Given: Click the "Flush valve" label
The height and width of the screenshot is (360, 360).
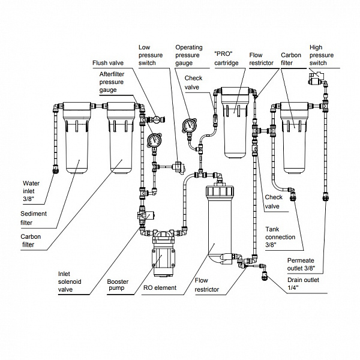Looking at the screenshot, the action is coord(108,63).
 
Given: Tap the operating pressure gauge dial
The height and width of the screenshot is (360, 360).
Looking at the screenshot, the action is coord(190,125).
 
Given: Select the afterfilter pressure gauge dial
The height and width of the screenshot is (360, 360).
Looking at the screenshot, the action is coord(154,140).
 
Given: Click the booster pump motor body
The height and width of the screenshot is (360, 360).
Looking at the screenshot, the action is coord(163,261).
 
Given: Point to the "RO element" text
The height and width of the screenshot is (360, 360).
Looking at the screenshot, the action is coord(160,287).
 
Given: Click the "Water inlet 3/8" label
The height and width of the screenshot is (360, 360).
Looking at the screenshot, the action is coord(31,191).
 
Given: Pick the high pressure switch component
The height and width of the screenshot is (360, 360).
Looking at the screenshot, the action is coord(317,78).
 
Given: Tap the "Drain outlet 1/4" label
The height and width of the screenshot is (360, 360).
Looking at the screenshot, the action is coord(303,284).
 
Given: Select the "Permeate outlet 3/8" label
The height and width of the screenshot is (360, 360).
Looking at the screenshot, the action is coord(301,264).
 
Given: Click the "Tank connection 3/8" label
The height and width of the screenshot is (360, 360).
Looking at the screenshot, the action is coord(280,237).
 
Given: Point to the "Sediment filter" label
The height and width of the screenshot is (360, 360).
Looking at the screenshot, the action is coord(34,218).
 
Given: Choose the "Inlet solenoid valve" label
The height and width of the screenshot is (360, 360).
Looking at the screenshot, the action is coord(70,281).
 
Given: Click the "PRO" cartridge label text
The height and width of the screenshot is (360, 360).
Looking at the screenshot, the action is coord(226,58).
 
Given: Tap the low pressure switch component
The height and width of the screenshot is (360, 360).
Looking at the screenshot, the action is coord(180,167).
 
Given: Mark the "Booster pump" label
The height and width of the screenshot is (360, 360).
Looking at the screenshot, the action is coord(118,284).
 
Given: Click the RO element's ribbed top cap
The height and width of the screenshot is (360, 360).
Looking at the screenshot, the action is coord(220,191).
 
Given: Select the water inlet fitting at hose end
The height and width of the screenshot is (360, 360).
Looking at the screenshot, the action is coord(56,169).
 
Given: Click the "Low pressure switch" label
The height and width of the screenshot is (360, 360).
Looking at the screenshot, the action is coord(151,55).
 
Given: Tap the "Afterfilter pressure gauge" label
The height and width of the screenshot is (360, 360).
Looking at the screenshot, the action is coord(112,82).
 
